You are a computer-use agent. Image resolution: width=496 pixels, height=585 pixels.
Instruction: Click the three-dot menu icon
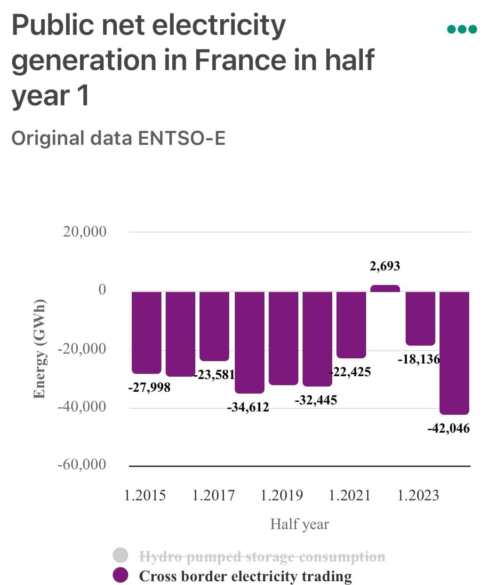pos(462,29)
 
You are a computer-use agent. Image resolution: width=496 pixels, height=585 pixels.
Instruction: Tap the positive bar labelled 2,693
pos(385,288)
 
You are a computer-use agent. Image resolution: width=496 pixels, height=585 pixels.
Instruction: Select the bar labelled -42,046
pos(454,353)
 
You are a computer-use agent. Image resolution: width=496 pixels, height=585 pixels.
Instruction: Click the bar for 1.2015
pos(146,332)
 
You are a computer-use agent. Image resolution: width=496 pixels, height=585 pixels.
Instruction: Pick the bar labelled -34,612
pos(249,342)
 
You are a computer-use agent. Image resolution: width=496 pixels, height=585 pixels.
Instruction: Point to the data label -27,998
pos(149,387)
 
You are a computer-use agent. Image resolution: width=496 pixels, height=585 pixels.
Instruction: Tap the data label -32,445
pos(316,400)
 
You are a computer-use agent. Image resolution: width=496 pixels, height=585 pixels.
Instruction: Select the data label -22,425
pos(350,372)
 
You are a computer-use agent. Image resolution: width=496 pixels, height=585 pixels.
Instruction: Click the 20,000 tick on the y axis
pos(85,232)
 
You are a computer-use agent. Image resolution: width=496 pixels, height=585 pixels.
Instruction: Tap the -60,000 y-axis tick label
pos(82,465)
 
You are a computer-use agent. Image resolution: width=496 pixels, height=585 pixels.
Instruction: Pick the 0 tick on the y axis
pos(102,290)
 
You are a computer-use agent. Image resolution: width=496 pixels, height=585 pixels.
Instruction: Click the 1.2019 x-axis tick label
pos(281,495)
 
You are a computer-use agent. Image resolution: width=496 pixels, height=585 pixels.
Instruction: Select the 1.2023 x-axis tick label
pos(418,495)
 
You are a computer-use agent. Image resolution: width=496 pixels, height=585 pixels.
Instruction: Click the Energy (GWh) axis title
pos(40,348)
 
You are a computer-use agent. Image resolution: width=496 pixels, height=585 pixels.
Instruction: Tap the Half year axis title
pos(299,524)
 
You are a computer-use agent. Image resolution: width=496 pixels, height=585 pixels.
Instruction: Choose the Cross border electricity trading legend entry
pos(245,576)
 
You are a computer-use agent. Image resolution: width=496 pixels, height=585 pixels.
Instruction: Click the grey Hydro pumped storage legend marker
pos(121,555)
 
